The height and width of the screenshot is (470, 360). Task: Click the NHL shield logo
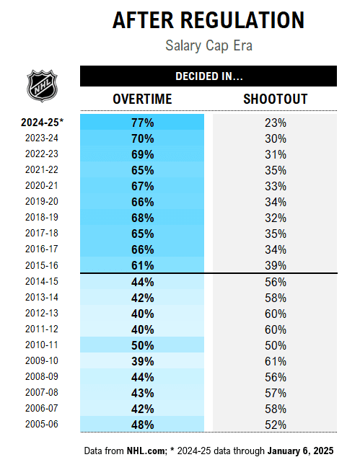[40, 86]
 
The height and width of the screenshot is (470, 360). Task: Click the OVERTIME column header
[142, 99]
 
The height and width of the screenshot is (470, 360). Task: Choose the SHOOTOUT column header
[275, 99]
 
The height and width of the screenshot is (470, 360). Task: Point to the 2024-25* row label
[42, 122]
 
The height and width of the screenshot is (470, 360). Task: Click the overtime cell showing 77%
[142, 123]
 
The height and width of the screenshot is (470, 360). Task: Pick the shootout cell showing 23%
[275, 123]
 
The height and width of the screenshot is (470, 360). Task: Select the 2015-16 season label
[42, 265]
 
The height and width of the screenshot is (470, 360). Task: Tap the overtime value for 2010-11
[142, 345]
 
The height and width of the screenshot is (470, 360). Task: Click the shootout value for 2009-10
[275, 360]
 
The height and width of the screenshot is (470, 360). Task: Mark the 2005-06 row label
[42, 424]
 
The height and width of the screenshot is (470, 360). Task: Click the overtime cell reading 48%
[142, 425]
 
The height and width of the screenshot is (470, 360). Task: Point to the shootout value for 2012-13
[275, 313]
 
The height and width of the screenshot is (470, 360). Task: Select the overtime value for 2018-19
[142, 218]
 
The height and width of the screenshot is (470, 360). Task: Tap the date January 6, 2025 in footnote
[301, 451]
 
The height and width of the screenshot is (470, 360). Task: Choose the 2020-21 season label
[42, 186]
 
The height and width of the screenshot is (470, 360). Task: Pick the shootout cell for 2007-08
[275, 392]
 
